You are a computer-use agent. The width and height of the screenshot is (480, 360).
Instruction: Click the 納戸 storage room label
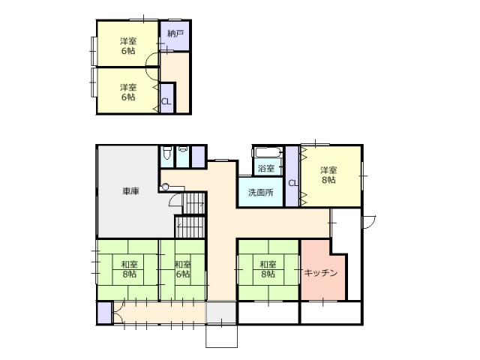point(175,34)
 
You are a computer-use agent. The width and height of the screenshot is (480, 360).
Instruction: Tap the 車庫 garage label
point(130,191)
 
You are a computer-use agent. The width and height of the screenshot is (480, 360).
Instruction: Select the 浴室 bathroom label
point(266,168)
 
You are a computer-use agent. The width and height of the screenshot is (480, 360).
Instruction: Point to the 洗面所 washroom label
point(260,193)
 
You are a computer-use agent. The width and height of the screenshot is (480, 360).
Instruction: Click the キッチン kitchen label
point(320,272)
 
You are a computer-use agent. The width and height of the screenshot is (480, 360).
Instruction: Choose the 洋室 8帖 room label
point(328,175)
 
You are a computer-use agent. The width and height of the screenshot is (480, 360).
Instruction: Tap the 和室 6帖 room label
point(183,268)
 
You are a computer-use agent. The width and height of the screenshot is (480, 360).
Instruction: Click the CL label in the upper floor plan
point(166,102)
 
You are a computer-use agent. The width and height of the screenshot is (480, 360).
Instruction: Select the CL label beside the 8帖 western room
point(293,183)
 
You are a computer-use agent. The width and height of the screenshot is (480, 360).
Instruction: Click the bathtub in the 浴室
point(267,152)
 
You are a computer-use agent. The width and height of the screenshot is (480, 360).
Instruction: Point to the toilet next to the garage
point(166,153)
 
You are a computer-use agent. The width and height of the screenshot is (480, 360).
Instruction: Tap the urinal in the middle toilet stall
point(183,149)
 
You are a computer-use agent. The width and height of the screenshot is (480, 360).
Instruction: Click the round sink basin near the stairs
point(165,187)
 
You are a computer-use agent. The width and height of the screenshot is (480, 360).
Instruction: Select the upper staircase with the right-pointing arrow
point(193,203)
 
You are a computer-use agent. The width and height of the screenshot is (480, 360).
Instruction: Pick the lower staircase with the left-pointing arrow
point(190,226)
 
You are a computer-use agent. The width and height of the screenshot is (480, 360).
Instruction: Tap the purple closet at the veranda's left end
point(104,313)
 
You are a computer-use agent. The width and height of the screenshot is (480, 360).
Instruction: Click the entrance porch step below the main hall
point(222,336)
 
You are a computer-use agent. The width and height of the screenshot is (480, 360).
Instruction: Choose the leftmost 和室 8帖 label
point(129,268)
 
